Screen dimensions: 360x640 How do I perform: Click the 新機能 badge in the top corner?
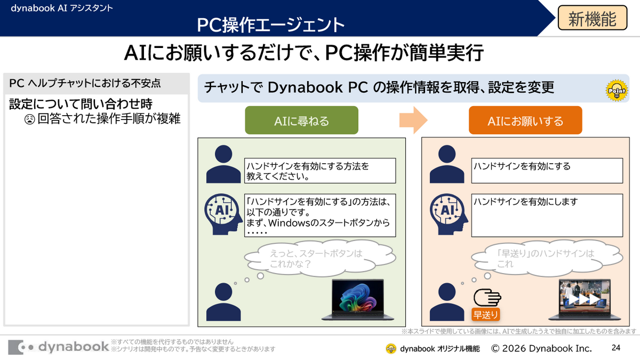[x=592, y=19]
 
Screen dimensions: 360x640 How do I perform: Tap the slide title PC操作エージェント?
[x=270, y=25]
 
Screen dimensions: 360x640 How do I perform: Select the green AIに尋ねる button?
[x=301, y=121]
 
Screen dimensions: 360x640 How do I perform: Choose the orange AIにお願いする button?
[x=525, y=121]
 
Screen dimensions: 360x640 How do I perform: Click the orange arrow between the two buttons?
[x=413, y=121]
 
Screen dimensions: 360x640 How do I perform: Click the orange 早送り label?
[x=486, y=315]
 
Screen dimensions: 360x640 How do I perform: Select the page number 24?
[x=616, y=348]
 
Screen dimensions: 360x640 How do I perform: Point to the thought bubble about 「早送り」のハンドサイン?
[x=544, y=259]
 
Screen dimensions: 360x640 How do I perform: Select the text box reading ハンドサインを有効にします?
[x=547, y=215]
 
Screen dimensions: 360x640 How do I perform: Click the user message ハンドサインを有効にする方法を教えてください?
[x=320, y=171]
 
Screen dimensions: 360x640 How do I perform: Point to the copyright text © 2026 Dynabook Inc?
[x=541, y=348]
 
